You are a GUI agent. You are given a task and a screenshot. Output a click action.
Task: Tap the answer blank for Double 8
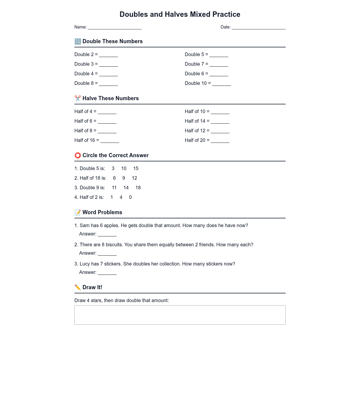(108, 84)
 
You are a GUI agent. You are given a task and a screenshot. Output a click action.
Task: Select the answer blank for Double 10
(221, 84)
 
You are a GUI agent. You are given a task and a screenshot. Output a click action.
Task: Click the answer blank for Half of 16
(109, 141)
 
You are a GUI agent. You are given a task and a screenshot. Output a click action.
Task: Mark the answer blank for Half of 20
(220, 141)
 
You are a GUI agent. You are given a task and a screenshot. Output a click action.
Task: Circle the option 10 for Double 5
(124, 169)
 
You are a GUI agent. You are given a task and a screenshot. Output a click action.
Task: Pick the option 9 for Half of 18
(124, 178)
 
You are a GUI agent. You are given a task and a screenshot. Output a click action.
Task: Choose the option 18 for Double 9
(138, 188)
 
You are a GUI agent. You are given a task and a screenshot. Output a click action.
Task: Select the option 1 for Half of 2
(112, 197)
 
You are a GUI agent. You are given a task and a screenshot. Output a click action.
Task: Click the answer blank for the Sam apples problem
(107, 234)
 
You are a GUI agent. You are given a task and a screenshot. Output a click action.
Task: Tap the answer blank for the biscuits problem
(107, 253)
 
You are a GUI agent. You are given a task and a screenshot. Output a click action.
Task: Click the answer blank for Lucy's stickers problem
(107, 273)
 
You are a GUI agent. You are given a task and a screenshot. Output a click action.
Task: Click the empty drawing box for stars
(180, 315)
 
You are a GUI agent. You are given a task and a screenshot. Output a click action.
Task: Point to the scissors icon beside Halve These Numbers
(78, 98)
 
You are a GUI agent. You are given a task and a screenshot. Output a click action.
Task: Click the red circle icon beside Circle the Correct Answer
(78, 155)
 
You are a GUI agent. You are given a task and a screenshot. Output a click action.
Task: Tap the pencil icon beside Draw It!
(78, 287)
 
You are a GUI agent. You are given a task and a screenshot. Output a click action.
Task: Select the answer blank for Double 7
(219, 64)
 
